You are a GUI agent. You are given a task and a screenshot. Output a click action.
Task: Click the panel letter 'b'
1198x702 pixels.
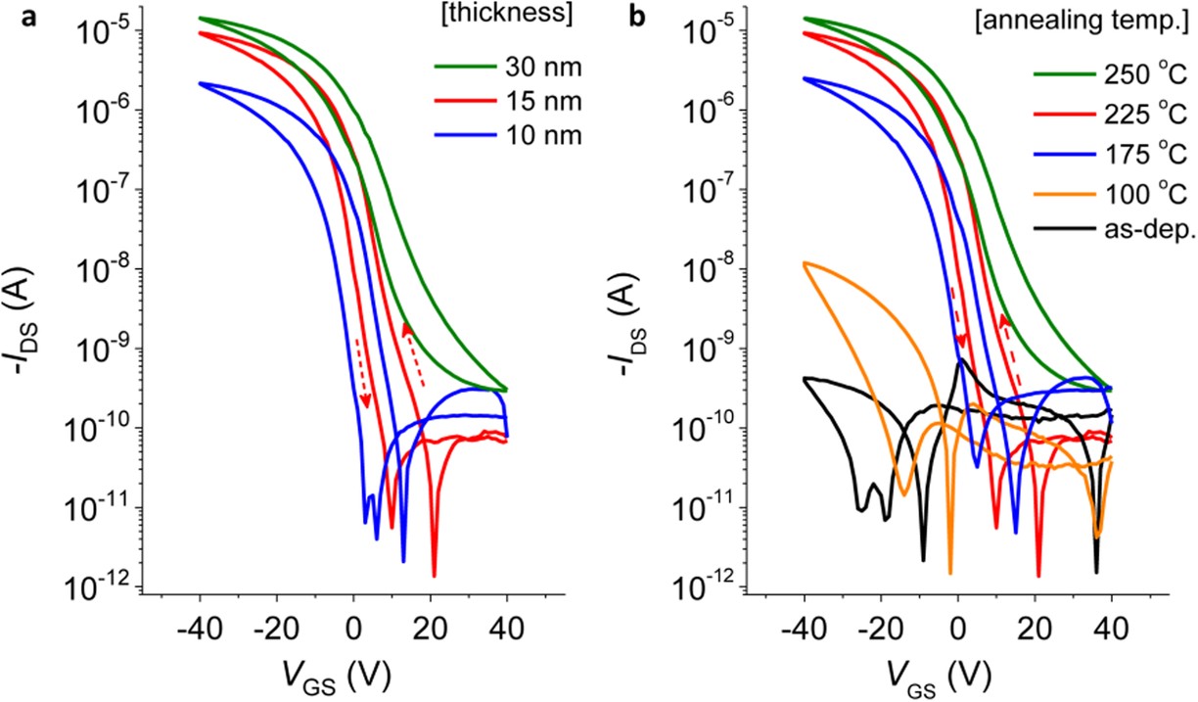(637, 18)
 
